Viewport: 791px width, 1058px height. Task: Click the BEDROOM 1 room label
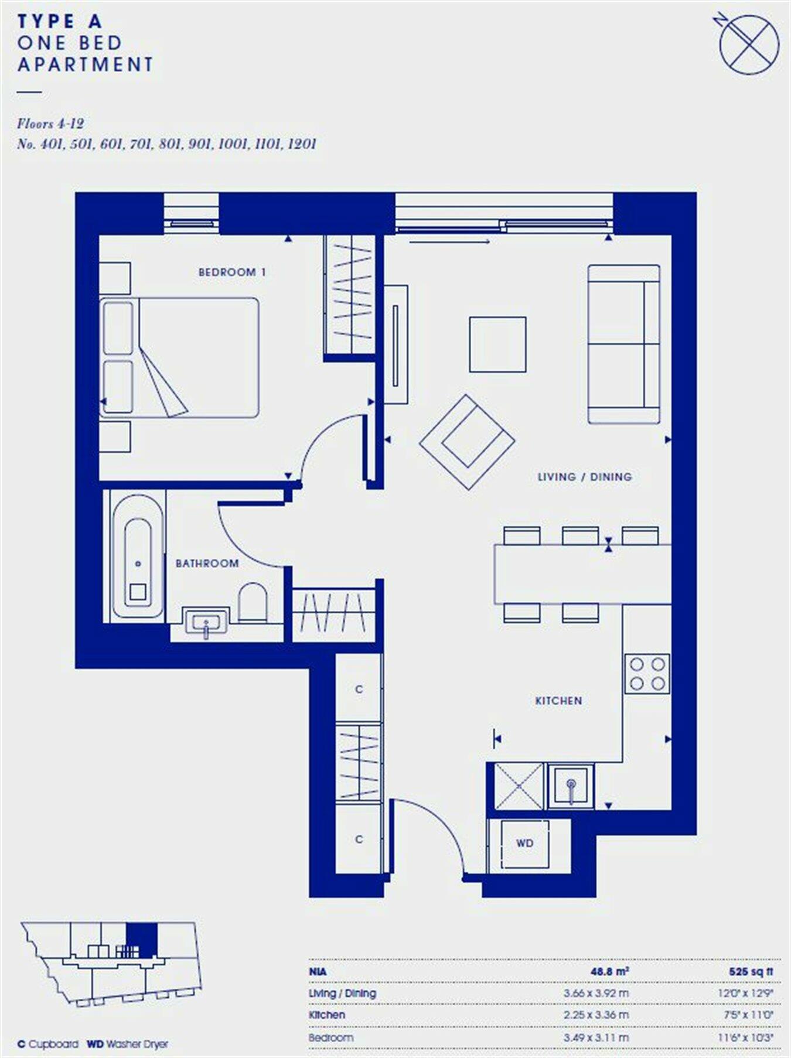click(232, 272)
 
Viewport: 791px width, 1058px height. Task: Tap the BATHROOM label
click(207, 564)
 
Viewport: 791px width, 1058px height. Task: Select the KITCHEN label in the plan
click(558, 701)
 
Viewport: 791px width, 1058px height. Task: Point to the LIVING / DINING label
click(584, 477)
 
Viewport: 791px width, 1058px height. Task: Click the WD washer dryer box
click(524, 844)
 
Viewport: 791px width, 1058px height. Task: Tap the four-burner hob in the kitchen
click(647, 674)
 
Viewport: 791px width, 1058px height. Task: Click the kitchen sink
click(571, 786)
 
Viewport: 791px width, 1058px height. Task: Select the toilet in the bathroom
click(253, 602)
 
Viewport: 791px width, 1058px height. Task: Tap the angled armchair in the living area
click(468, 442)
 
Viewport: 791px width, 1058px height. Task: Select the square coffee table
click(497, 344)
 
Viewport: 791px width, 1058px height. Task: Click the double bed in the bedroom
click(179, 357)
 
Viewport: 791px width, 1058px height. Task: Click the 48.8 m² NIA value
click(609, 972)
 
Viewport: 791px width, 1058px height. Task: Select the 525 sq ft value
click(751, 972)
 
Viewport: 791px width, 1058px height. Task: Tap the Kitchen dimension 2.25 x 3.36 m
click(596, 1015)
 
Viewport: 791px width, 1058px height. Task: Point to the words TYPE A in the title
click(60, 22)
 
